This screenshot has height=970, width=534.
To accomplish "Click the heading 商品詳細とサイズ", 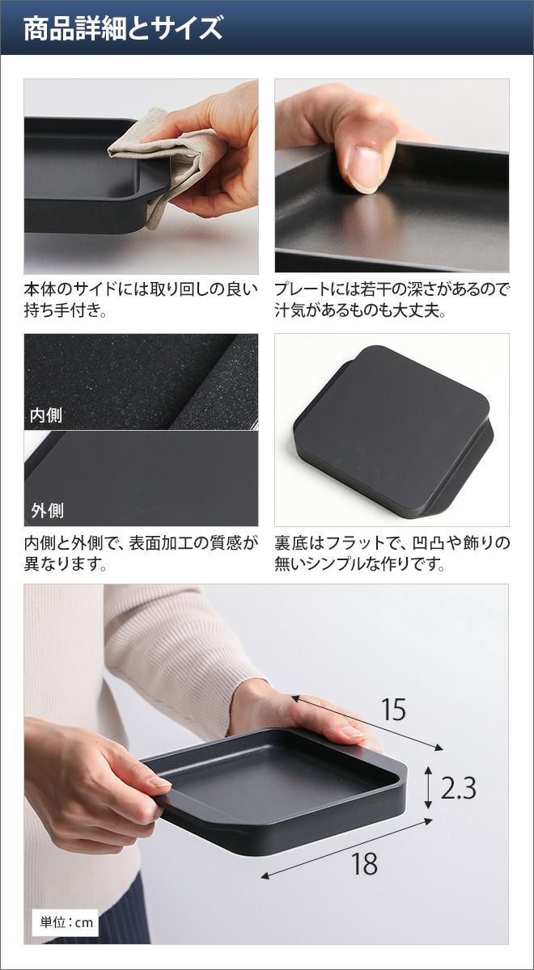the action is point(123,28).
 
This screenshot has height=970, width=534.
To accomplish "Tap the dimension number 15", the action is point(394,710).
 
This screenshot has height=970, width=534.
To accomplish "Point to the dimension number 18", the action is point(365,851).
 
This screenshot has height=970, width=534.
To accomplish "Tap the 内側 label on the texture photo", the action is point(46,415).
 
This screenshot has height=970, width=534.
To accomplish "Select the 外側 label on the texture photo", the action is point(47,511).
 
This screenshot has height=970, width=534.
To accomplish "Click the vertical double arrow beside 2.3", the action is point(428,787).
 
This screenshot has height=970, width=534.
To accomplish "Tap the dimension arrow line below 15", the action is point(367,723).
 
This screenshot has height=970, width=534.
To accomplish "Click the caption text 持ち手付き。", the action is point(66,310).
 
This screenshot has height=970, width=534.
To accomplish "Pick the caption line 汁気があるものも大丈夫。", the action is point(361,310).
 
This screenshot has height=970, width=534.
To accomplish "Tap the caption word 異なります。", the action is point(66,564).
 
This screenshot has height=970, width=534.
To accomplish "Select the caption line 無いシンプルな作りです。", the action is point(361,564).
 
